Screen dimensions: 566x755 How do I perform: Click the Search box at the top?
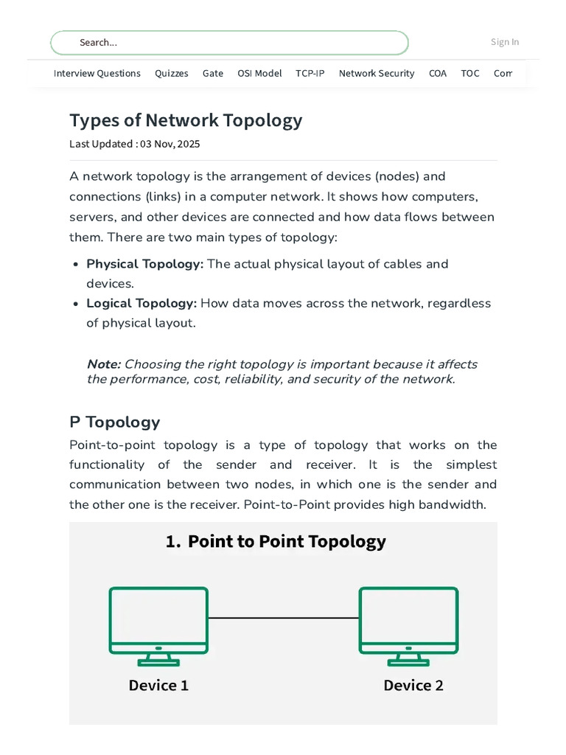(228, 43)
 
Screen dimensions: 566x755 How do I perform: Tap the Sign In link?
(505, 42)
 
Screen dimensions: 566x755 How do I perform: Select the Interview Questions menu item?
(97, 73)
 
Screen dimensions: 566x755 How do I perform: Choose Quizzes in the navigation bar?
(172, 73)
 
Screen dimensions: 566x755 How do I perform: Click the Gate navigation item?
(213, 73)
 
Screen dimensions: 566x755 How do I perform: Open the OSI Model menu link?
(259, 73)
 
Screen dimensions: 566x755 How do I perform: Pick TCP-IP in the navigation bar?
(310, 73)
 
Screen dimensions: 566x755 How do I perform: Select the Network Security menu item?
(377, 73)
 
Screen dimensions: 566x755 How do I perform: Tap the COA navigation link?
(438, 73)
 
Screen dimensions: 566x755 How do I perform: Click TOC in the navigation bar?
(470, 73)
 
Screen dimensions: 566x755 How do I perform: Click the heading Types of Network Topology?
(186, 120)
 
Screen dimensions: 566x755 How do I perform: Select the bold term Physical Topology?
(145, 264)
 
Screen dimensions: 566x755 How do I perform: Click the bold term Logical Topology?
(141, 303)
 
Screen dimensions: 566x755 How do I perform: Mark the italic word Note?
(103, 364)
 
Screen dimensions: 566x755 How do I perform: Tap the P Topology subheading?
(114, 422)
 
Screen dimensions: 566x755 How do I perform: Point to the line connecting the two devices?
(284, 618)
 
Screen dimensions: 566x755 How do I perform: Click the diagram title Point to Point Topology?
(287, 541)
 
